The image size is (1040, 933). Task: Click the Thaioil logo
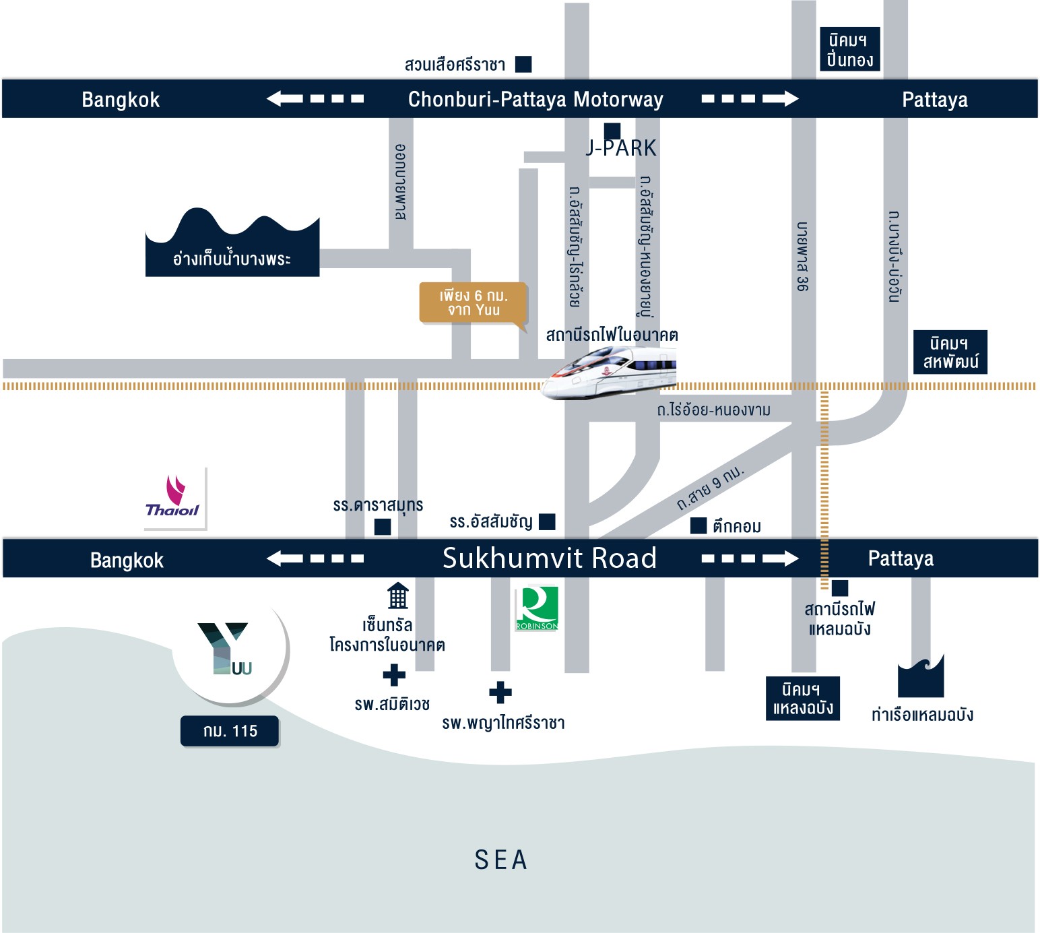(174, 498)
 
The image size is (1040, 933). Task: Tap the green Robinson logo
(537, 608)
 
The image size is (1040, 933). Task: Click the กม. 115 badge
(230, 731)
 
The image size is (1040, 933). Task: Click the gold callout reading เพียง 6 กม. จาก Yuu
(473, 303)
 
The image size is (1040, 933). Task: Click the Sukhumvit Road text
(549, 558)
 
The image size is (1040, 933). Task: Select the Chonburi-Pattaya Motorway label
(535, 99)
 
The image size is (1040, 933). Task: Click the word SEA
(500, 860)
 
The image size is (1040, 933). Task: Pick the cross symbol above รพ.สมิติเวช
(394, 675)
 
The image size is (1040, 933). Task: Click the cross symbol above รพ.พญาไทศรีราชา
(500, 692)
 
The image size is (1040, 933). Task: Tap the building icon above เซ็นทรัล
(397, 596)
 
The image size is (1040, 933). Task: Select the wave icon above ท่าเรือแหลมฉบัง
(921, 676)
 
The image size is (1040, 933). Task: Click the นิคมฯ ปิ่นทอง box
(850, 50)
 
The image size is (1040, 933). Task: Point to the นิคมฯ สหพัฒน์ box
(950, 352)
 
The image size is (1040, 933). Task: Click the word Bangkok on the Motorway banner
(121, 100)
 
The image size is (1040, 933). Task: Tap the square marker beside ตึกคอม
(698, 525)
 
